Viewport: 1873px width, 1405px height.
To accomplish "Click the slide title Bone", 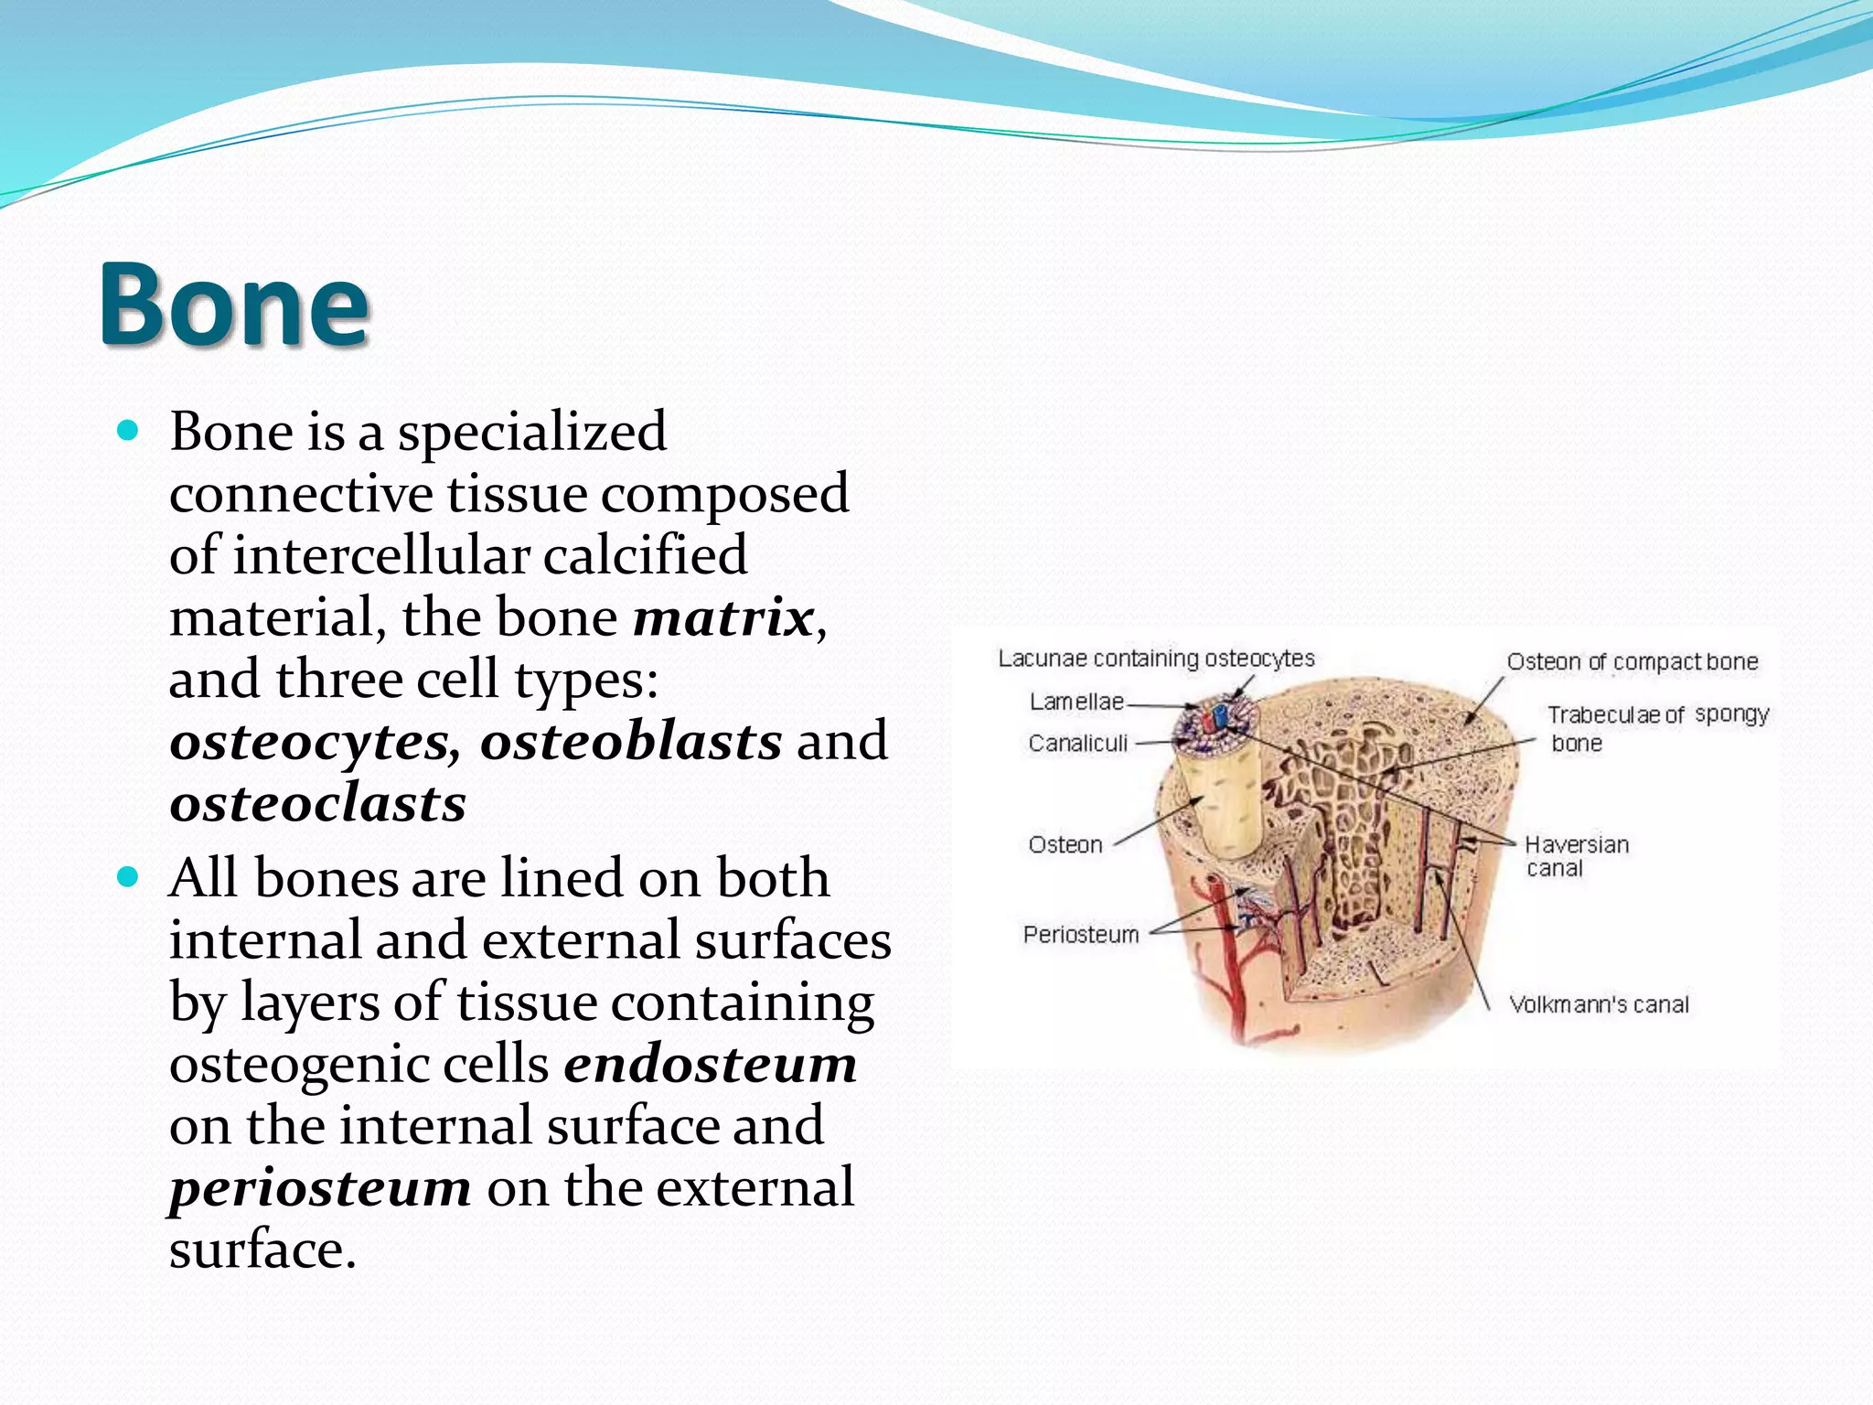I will pos(234,305).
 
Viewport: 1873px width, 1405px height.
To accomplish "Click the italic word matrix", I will pos(722,617).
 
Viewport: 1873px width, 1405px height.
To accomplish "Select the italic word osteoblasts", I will pos(631,741).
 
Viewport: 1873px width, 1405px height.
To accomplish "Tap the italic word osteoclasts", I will pos(317,803).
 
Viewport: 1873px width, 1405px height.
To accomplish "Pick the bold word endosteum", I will pos(710,1064).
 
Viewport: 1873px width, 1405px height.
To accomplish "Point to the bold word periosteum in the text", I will pos(320,1187).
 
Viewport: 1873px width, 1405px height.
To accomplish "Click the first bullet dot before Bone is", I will pos(128,431).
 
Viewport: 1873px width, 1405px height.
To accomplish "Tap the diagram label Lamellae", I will pos(1076,702).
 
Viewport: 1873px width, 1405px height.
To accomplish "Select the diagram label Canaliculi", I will pos(1077,744).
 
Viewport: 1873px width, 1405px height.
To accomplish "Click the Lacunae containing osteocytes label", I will pos(1155,659).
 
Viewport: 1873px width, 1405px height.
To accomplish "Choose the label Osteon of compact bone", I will pos(1632,661).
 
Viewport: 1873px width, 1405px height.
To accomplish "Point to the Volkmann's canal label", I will pos(1598,1004).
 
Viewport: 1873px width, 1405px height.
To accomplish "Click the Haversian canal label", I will pos(1575,855).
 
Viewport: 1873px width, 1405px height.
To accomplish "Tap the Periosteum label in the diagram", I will pos(1080,935).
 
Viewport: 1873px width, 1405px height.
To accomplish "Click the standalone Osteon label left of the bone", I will pos(1065,844).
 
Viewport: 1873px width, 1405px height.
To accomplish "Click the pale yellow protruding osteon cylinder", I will pos(1221,805).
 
